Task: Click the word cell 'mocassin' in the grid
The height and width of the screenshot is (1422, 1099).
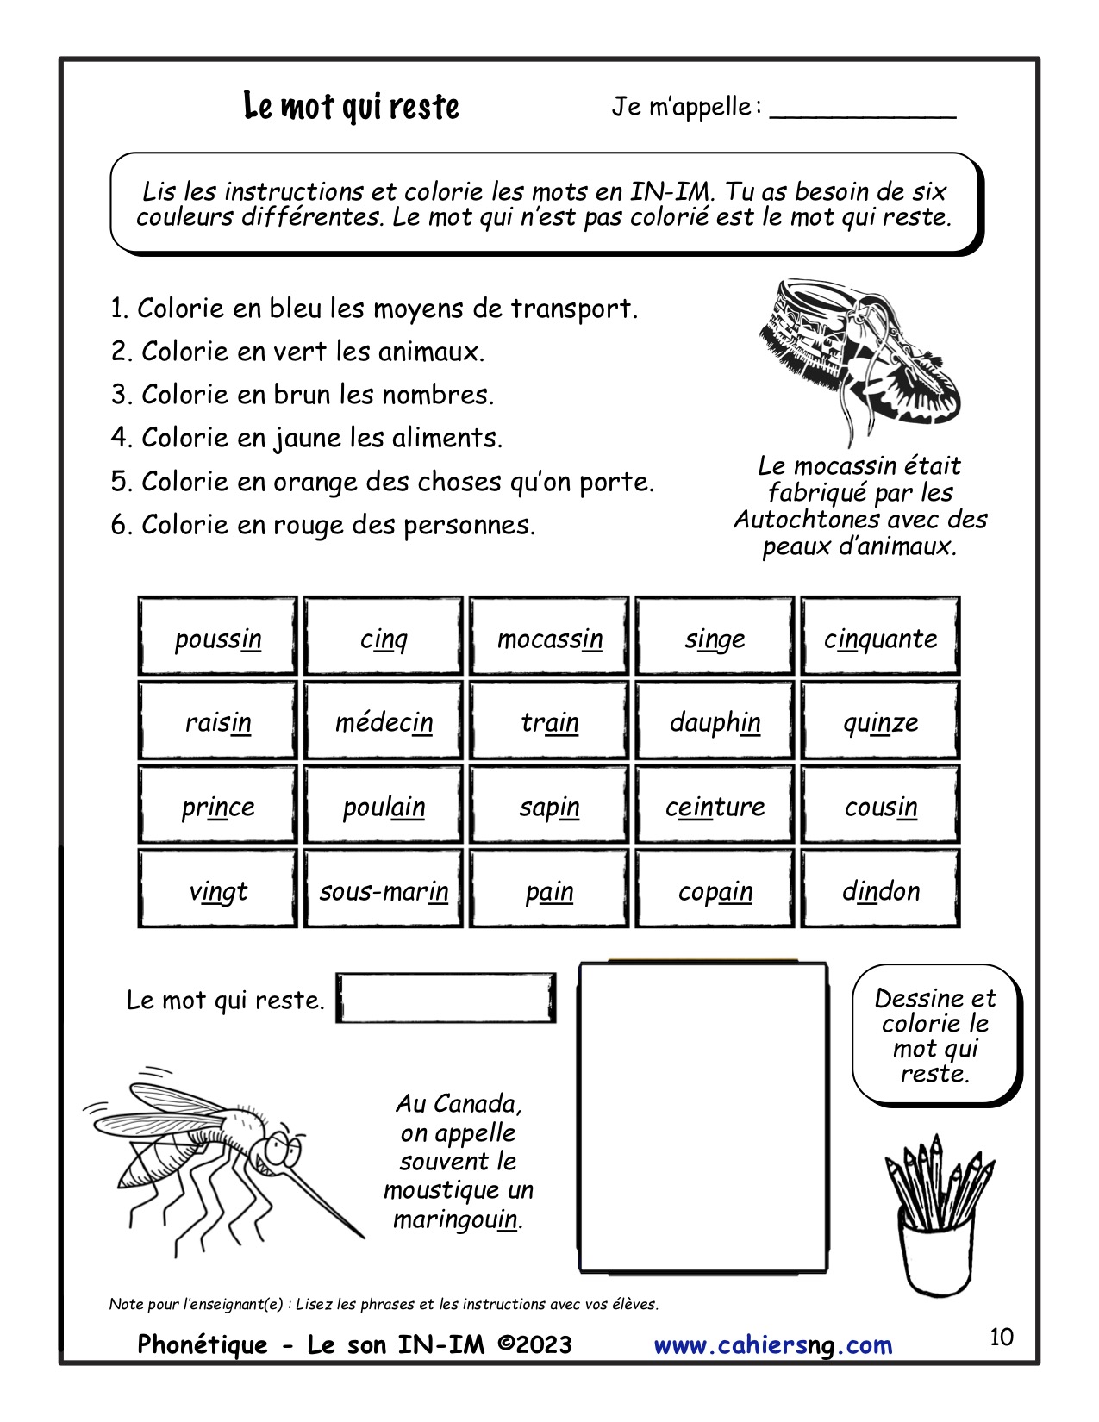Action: (x=549, y=637)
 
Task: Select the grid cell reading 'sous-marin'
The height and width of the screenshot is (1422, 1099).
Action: (x=384, y=889)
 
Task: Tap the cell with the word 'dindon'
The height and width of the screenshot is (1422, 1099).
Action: (x=880, y=889)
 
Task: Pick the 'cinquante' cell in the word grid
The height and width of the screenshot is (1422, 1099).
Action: (x=880, y=637)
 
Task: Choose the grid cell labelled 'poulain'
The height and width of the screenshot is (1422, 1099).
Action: (x=384, y=806)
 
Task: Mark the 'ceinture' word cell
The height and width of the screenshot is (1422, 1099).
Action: (x=715, y=806)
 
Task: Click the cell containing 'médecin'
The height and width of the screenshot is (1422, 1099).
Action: (x=384, y=721)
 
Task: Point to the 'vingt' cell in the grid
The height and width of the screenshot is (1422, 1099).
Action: (x=218, y=889)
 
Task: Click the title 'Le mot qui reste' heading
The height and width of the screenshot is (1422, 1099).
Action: (x=351, y=107)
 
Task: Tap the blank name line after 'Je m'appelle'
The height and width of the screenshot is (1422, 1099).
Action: (x=862, y=110)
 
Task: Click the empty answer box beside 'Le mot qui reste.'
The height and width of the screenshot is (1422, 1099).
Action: (x=445, y=999)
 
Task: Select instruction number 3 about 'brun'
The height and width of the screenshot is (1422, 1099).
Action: (x=303, y=395)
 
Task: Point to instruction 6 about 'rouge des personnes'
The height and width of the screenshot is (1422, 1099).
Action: (x=323, y=525)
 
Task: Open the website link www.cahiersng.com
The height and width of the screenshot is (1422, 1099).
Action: (x=773, y=1345)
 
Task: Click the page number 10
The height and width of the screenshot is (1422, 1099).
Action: (x=1001, y=1337)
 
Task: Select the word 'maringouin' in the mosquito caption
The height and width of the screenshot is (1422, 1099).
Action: (x=457, y=1219)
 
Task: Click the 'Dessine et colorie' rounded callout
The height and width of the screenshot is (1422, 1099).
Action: (x=935, y=1035)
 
